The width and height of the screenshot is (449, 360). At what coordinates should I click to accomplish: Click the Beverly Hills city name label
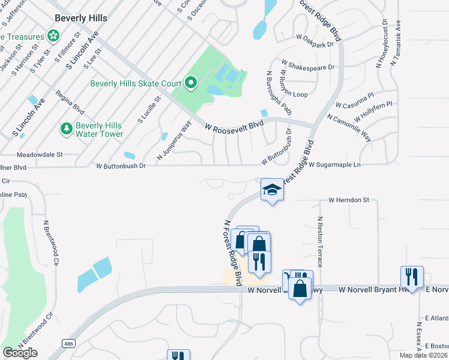tap(80, 18)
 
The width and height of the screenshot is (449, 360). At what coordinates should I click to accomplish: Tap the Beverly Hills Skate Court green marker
tap(191, 83)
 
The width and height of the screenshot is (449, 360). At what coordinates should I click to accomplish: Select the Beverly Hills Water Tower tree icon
tap(65, 128)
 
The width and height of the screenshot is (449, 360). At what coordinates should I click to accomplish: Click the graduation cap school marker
tap(271, 190)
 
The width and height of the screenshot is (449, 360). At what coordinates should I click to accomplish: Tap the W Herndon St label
tap(349, 200)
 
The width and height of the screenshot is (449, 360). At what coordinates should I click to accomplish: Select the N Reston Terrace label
tap(320, 241)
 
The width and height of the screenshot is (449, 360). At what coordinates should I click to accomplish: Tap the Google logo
tap(20, 352)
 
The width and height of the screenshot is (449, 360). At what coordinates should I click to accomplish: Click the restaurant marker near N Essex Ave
tap(412, 277)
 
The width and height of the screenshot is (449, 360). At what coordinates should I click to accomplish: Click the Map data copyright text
tap(424, 355)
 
